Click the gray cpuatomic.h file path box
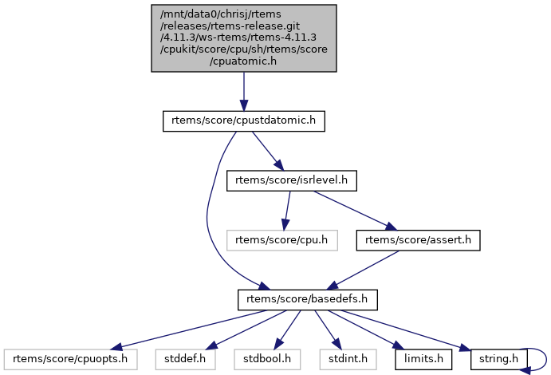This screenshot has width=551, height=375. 244,37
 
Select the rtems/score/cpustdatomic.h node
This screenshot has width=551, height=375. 244,121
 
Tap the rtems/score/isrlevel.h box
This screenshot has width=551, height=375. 291,180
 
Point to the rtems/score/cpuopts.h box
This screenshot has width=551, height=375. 71,358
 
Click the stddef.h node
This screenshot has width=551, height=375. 179,358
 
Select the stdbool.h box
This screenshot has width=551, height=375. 262,358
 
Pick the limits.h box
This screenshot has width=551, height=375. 423,358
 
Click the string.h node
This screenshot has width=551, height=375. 494,358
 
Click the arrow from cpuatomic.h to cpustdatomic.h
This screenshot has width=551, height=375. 244,92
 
